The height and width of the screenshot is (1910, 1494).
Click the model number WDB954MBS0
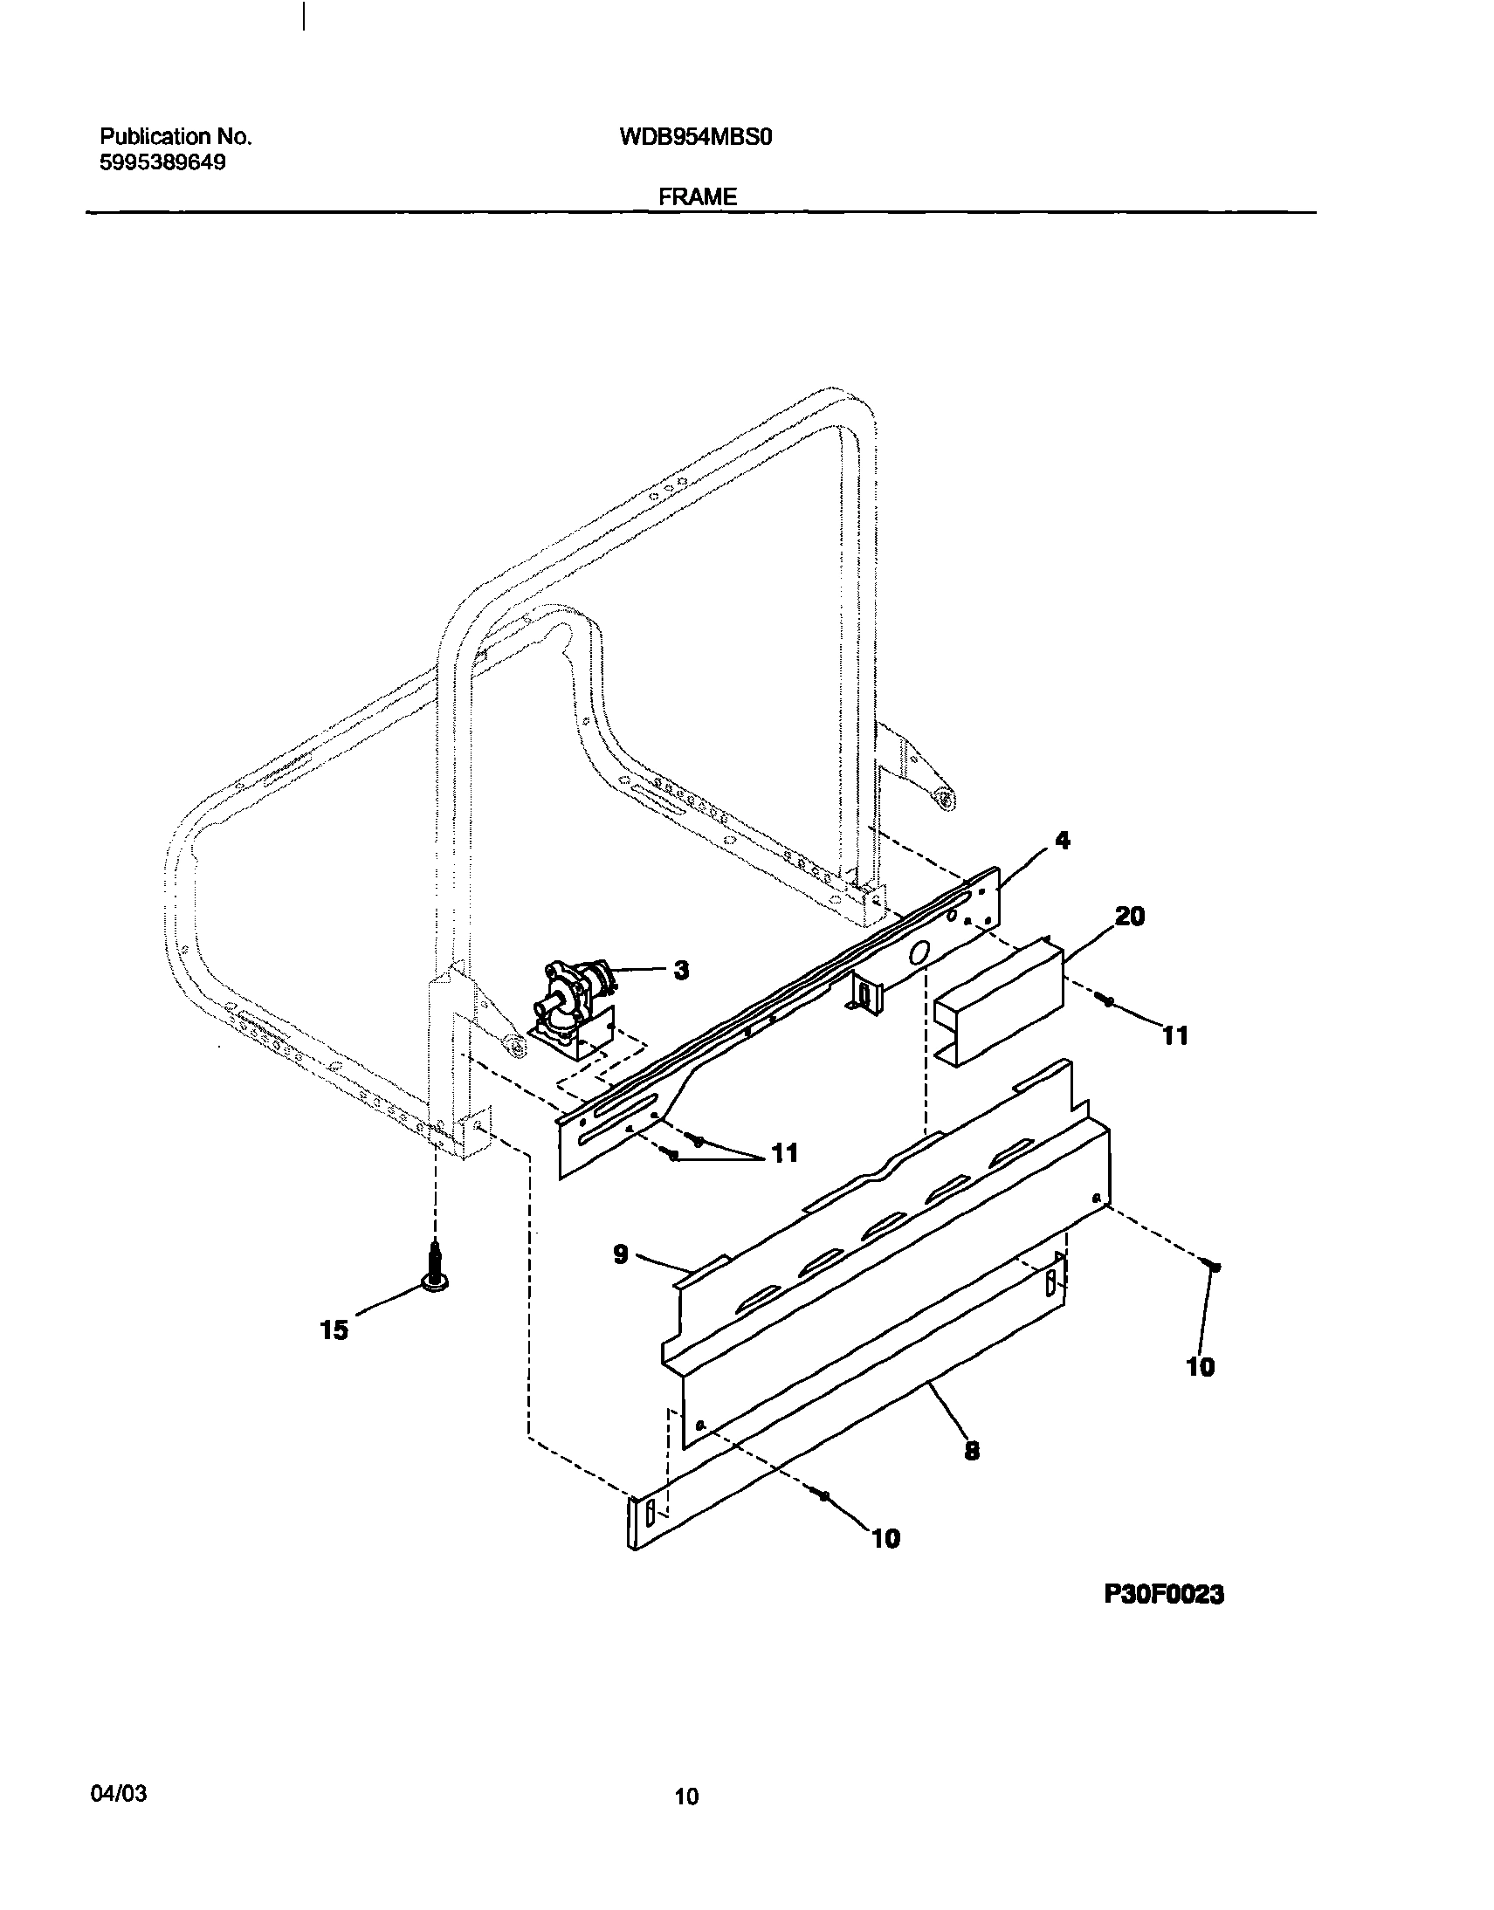pos(695,137)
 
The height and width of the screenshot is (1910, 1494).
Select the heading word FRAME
pos(697,196)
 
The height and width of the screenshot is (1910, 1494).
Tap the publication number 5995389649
pos(162,162)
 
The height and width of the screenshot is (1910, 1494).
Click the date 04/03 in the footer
pos(119,1794)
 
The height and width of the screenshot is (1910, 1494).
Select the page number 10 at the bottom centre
pos(686,1797)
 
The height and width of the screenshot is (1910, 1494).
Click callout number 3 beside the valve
pos(680,970)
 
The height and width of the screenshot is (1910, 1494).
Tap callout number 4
pos(1062,841)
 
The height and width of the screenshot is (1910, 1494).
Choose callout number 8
pos(971,1451)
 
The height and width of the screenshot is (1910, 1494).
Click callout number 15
pos(334,1330)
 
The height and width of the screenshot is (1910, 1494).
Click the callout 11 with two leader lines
pos(785,1153)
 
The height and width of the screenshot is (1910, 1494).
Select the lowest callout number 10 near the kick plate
pos(885,1538)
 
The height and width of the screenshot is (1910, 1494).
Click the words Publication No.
pos(176,136)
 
